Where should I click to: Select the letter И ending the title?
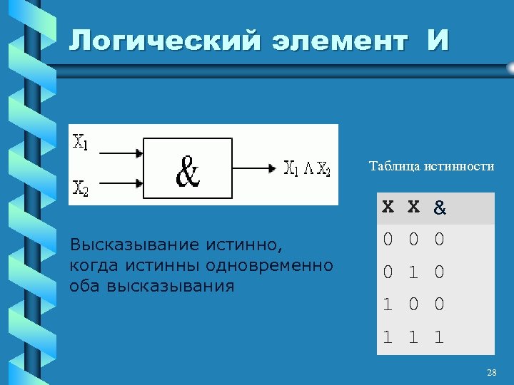[x=438, y=41]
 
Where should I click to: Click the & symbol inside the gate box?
[x=188, y=170]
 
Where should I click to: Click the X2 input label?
[x=81, y=188]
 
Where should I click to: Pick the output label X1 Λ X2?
[x=307, y=169]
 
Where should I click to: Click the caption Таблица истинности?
[x=431, y=166]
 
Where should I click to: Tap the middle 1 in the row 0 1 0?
[x=413, y=272]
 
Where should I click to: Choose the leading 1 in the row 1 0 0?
[x=387, y=305]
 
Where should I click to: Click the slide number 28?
[x=491, y=373]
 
